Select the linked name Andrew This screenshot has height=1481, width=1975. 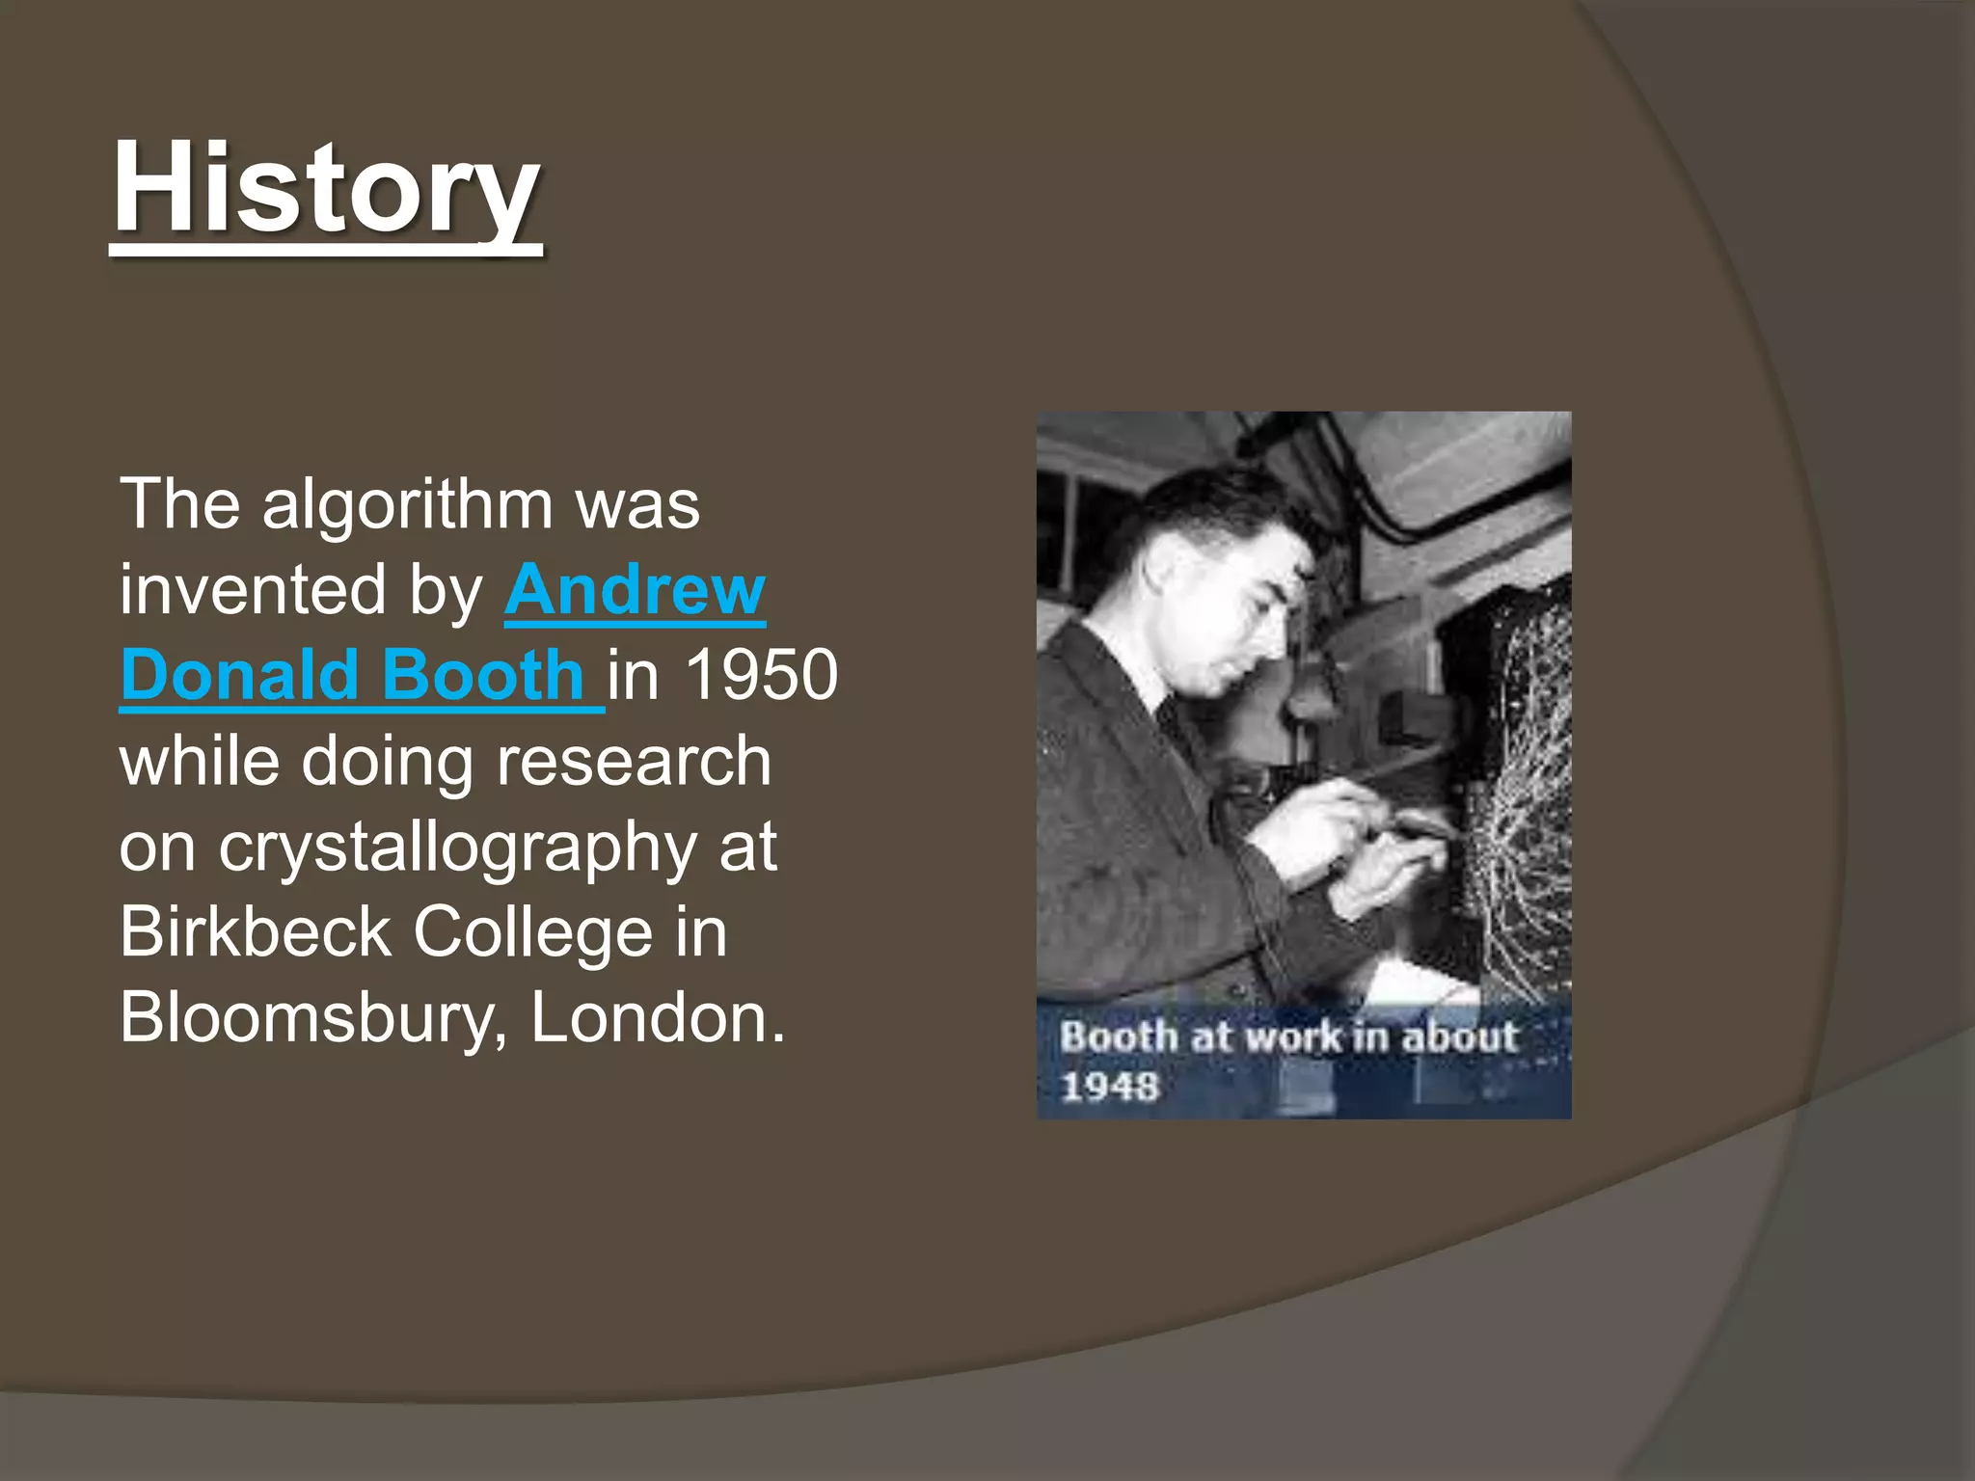[635, 589]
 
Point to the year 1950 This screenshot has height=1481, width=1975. [761, 674]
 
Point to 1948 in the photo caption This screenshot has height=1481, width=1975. [1109, 1087]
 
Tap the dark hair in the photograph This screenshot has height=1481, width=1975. [1225, 511]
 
